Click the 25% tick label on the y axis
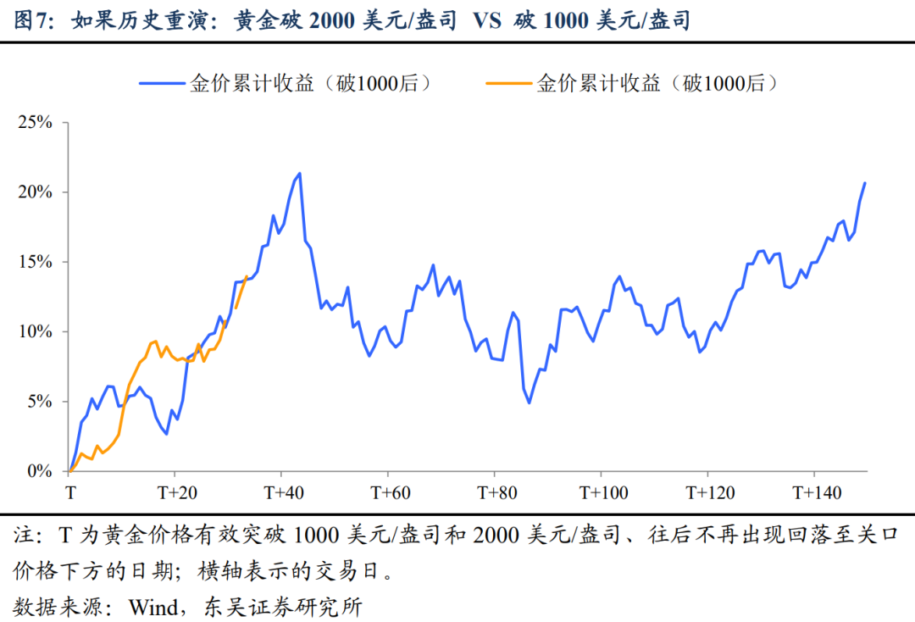35,123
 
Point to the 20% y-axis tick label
35,192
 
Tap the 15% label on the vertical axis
35,262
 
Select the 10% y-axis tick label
35,331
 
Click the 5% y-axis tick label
38,401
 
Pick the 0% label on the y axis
38,471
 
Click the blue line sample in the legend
162,83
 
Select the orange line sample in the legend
507,83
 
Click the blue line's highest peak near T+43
300,173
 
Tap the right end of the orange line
247,276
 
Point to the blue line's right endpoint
865,183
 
